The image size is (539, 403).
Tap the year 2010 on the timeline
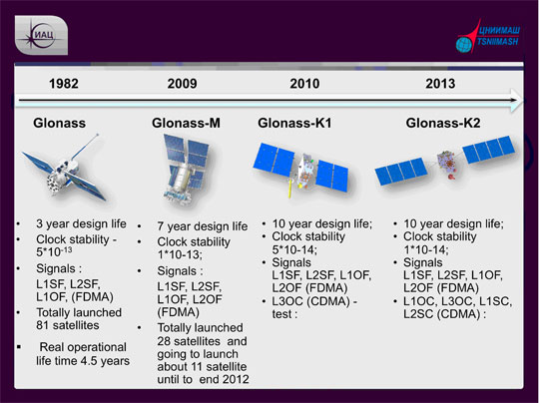coord(304,84)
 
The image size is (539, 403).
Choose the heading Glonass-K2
coord(444,123)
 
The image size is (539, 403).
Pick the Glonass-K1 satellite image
coord(304,168)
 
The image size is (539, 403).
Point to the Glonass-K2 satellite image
coord(444,168)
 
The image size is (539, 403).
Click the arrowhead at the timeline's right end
coord(515,98)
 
